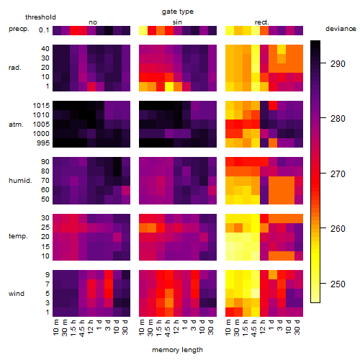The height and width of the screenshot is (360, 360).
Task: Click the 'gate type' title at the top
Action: tap(178, 12)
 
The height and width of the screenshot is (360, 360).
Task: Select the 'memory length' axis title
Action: tap(177, 350)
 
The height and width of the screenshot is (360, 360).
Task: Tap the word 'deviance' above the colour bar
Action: tap(341, 29)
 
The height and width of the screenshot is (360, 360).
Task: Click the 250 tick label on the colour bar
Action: tap(338, 284)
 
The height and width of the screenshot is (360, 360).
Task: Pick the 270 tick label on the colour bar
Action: tap(338, 174)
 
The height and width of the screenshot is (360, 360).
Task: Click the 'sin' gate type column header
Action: tap(177, 22)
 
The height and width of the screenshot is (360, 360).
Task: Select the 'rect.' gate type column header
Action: tap(262, 22)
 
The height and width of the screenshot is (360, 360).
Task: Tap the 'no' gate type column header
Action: tap(93, 22)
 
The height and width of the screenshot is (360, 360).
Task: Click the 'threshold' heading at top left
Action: tap(40, 17)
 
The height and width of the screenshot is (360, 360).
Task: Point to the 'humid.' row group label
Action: tap(20, 181)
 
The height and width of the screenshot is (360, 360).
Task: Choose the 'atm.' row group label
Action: tap(16, 125)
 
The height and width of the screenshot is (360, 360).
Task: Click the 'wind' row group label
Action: tap(17, 294)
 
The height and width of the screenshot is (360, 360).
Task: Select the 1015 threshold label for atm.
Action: tap(41, 106)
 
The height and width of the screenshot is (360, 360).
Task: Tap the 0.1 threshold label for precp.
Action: tap(44, 30)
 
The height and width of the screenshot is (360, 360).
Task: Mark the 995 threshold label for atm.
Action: tap(43, 143)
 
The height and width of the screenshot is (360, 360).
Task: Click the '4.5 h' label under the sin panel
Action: tap(167, 328)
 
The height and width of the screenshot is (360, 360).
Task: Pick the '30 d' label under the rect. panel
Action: tap(297, 327)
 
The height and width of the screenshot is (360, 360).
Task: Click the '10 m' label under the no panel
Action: tap(55, 328)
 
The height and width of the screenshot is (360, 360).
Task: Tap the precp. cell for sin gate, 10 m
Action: tap(143, 30)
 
